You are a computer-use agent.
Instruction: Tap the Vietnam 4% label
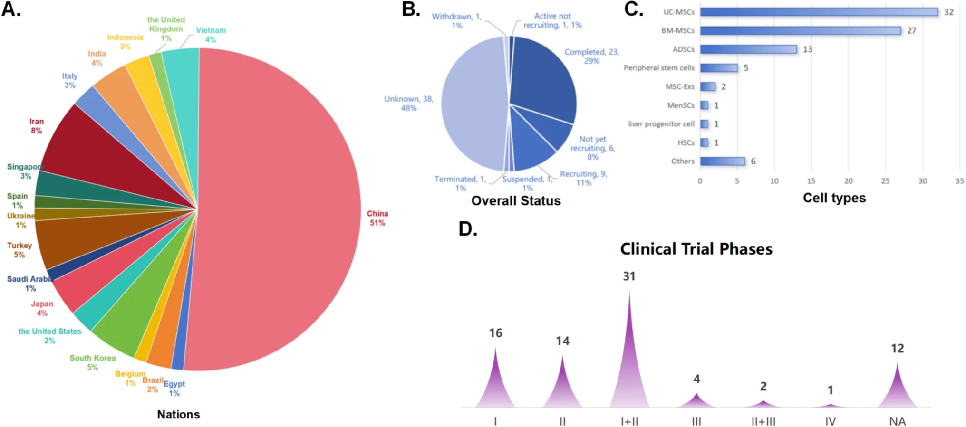click(x=211, y=35)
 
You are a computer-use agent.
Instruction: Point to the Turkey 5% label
click(x=19, y=250)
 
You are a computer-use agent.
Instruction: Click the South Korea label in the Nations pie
click(x=92, y=362)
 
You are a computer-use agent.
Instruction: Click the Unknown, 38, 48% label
click(x=408, y=104)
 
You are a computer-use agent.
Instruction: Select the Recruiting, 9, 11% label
click(x=583, y=178)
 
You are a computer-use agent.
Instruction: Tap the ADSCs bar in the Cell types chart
click(x=748, y=49)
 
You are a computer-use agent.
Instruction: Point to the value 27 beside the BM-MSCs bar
click(x=911, y=30)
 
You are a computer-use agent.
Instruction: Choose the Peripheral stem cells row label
click(x=659, y=68)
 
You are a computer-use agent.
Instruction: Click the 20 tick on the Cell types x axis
click(x=848, y=181)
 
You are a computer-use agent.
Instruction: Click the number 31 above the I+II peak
click(x=629, y=276)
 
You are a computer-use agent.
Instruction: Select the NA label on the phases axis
click(x=897, y=421)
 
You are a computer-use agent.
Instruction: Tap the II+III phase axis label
click(x=763, y=421)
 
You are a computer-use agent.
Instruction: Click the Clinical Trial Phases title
click(x=696, y=249)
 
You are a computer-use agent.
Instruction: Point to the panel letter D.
click(x=467, y=229)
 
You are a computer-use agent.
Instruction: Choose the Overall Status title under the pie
click(x=516, y=200)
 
